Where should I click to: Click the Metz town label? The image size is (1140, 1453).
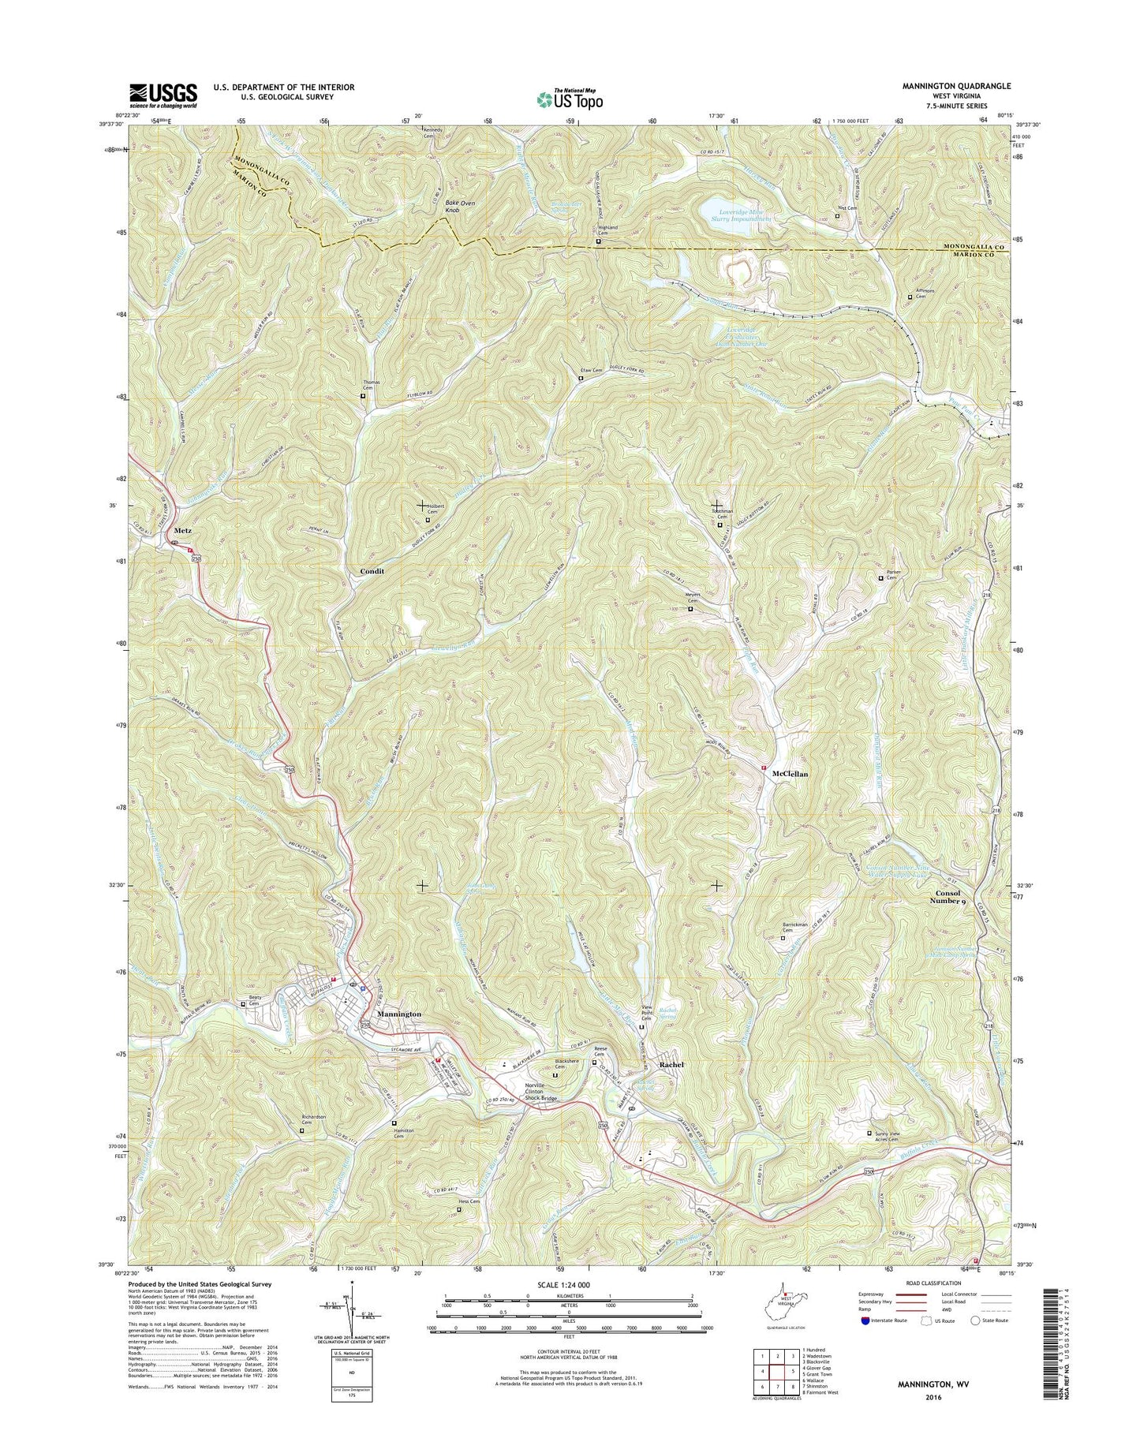182,531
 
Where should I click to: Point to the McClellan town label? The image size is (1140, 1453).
789,774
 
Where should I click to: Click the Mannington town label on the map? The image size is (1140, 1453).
399,1014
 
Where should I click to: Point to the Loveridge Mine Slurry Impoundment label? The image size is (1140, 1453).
738,214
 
